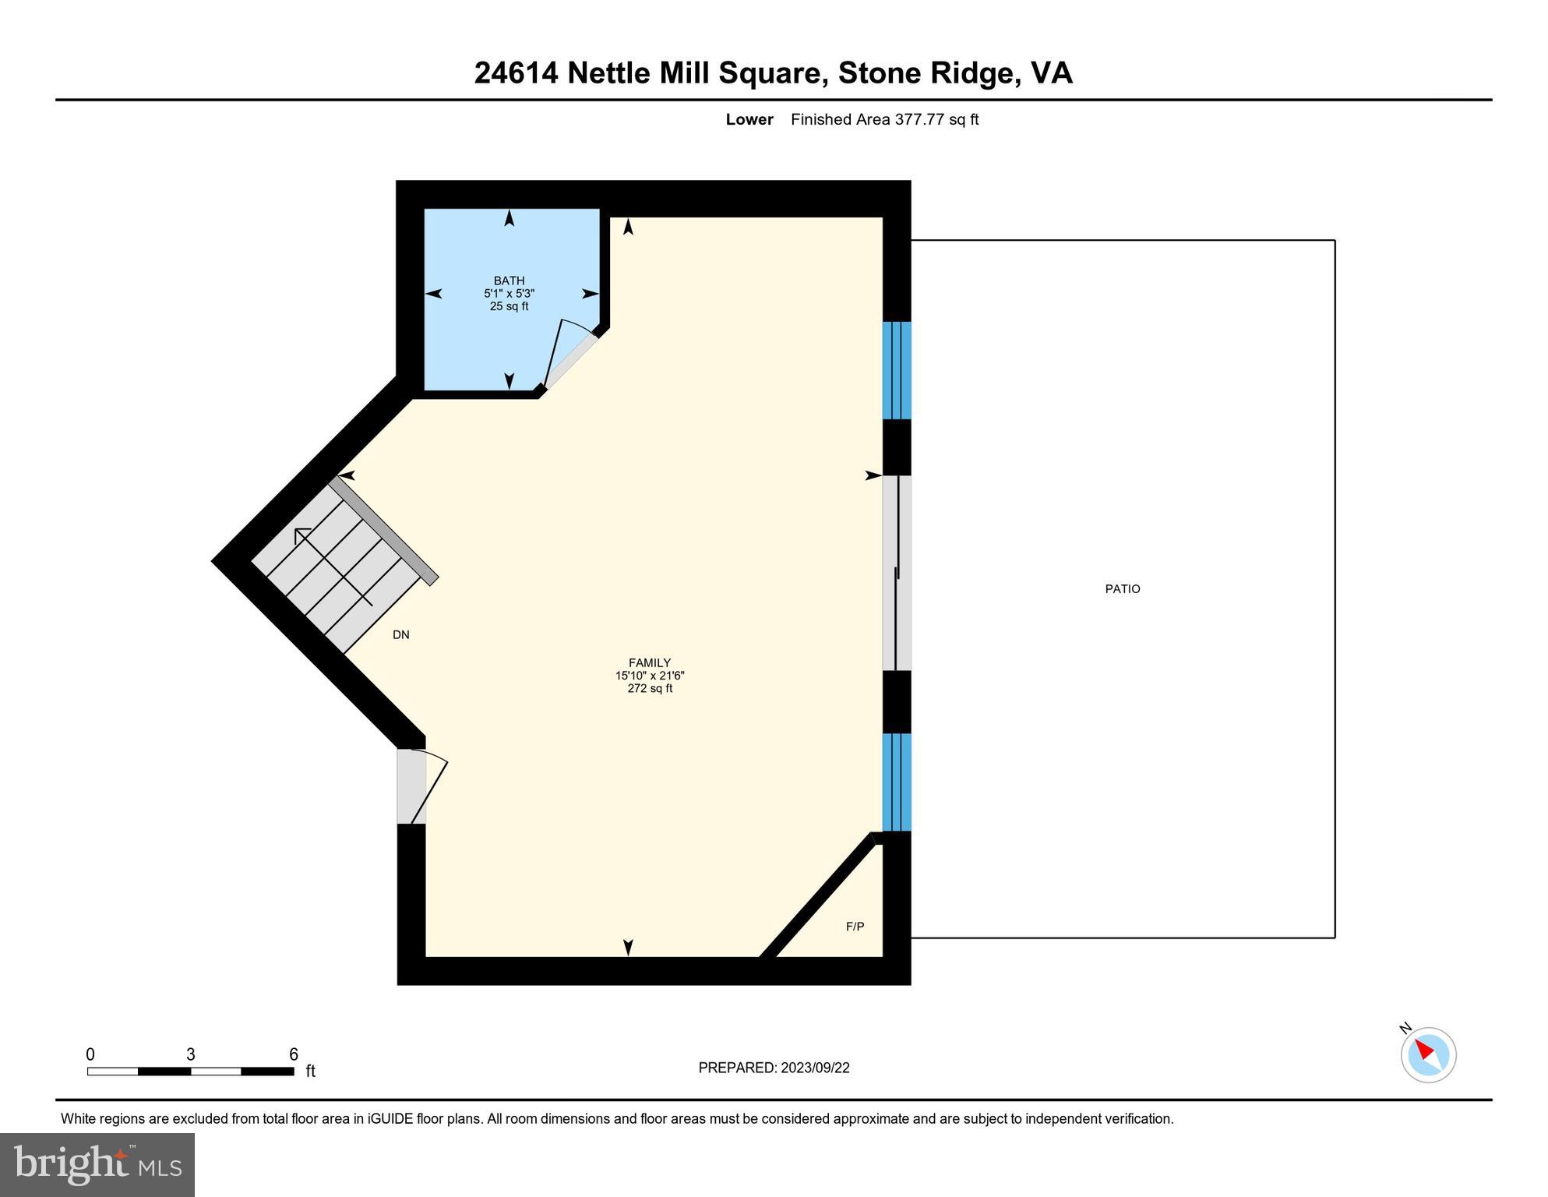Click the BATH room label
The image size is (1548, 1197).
509,281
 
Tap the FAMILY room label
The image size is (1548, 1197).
649,663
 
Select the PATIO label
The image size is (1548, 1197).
1122,589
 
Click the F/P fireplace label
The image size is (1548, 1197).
855,927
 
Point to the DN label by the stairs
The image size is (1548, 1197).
400,635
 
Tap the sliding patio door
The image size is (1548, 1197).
896,573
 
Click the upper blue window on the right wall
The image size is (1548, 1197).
896,370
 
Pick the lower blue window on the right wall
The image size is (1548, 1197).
896,782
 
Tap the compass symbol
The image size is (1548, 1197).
1428,1054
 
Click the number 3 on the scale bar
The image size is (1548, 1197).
190,1054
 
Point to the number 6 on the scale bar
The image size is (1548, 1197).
294,1054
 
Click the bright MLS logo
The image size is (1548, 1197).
97,1164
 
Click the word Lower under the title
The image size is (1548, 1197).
749,119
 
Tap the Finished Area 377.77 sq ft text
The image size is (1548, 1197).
884,119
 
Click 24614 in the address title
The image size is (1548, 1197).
516,73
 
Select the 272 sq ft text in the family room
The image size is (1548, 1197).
649,689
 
